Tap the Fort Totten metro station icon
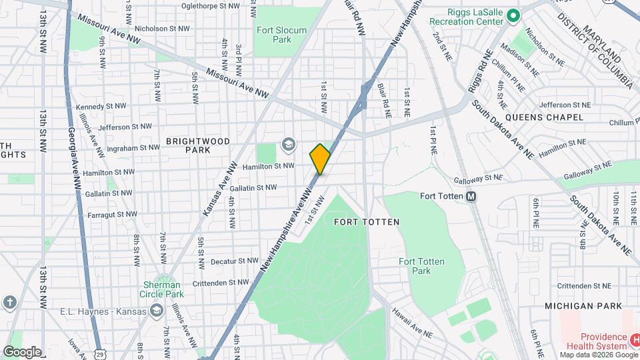(x=471, y=196)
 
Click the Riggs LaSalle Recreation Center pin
(x=513, y=15)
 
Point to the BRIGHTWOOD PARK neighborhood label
(x=197, y=145)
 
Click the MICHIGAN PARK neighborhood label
(x=583, y=305)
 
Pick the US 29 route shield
(x=98, y=350)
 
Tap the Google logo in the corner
(x=22, y=351)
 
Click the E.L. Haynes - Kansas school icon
(x=156, y=310)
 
